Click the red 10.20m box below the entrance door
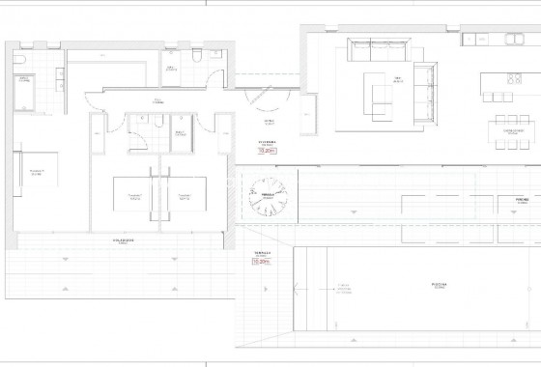269,151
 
